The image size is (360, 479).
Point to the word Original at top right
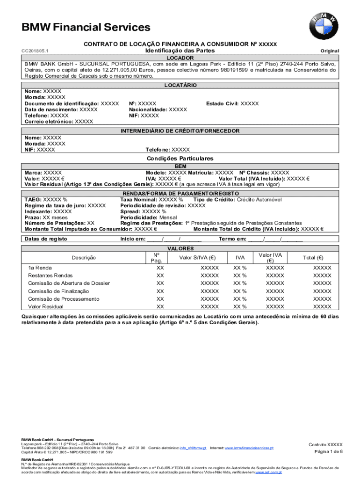(x=329, y=51)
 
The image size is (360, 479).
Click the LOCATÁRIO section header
(x=180, y=86)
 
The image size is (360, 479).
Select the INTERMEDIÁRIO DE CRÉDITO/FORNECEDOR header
(x=180, y=131)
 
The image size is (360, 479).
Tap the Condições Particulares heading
(x=180, y=159)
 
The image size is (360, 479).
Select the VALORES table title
(x=180, y=249)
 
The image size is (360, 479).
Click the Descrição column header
(x=84, y=258)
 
